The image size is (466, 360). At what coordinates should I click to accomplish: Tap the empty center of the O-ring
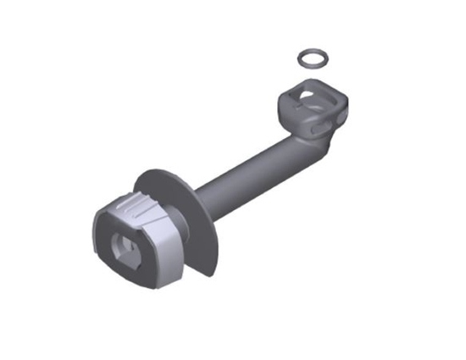coord(313,59)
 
